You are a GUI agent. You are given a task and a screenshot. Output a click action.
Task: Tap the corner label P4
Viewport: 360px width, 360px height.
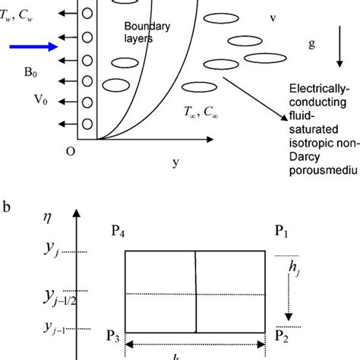pyautogui.click(x=120, y=232)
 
